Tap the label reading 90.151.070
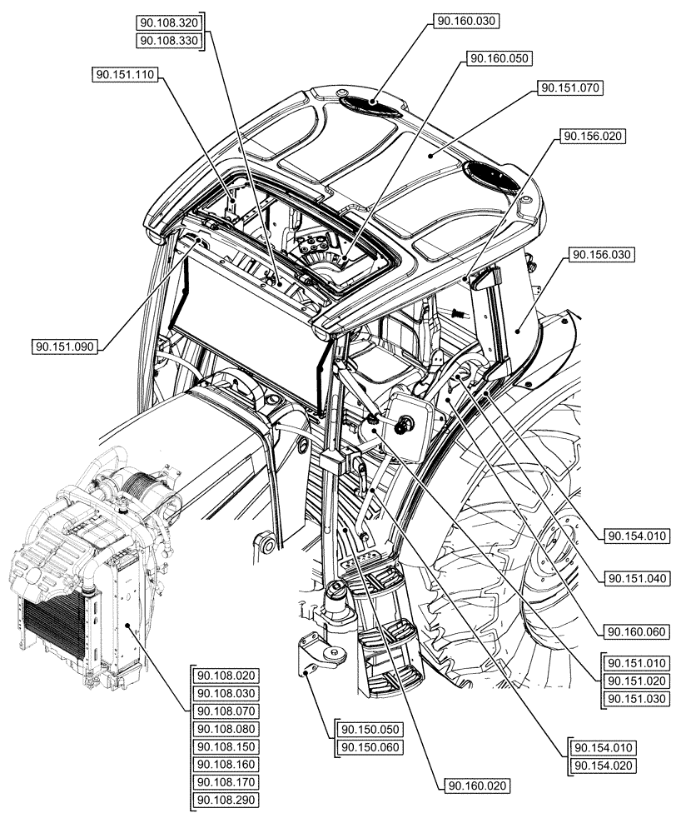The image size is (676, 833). tap(570, 87)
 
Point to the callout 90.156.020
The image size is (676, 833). tap(594, 135)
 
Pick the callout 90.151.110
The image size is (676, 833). tap(125, 75)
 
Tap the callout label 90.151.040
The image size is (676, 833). tap(637, 577)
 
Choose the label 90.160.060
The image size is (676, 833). tap(637, 632)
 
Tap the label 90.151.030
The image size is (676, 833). tap(637, 698)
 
